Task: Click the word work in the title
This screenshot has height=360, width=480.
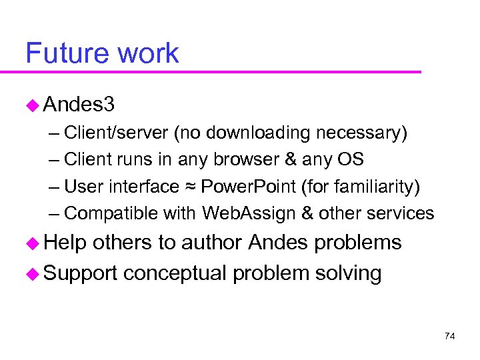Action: [x=152, y=53]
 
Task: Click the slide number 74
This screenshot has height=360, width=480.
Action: [x=449, y=337]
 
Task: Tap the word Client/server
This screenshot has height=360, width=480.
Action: [x=117, y=133]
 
